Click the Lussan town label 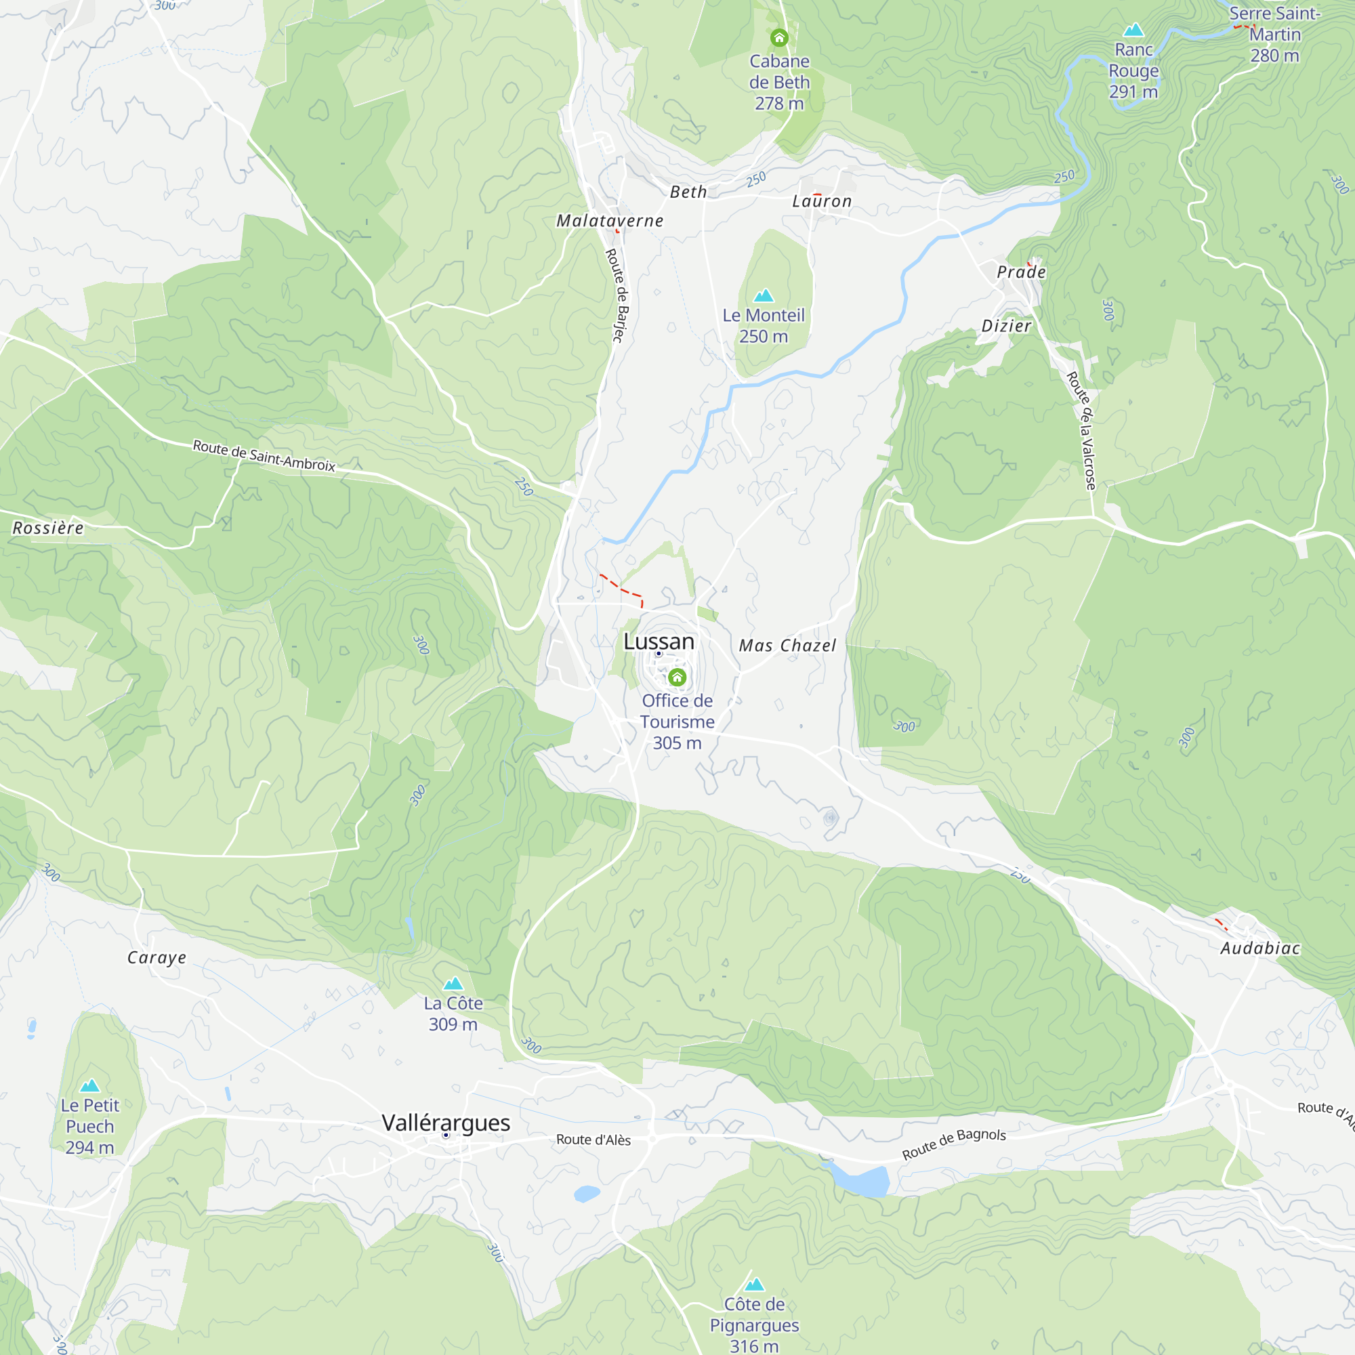pyautogui.click(x=659, y=641)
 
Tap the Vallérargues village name pyautogui.click(x=445, y=1122)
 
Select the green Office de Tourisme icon pyautogui.click(x=677, y=677)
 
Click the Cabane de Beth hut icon pyautogui.click(x=779, y=38)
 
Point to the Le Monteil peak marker pyautogui.click(x=763, y=295)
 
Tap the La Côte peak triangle pyautogui.click(x=453, y=983)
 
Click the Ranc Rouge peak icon pyautogui.click(x=1133, y=30)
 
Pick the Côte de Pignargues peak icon pyautogui.click(x=754, y=1284)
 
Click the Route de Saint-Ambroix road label pyautogui.click(x=264, y=456)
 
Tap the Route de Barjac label pyautogui.click(x=616, y=295)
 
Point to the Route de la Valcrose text pyautogui.click(x=1081, y=431)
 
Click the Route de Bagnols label pyautogui.click(x=954, y=1144)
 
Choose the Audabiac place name pyautogui.click(x=1259, y=948)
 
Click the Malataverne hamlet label pyautogui.click(x=610, y=221)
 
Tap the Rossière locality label pyautogui.click(x=48, y=528)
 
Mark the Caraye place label pyautogui.click(x=157, y=957)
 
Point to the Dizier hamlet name pyautogui.click(x=1005, y=325)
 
